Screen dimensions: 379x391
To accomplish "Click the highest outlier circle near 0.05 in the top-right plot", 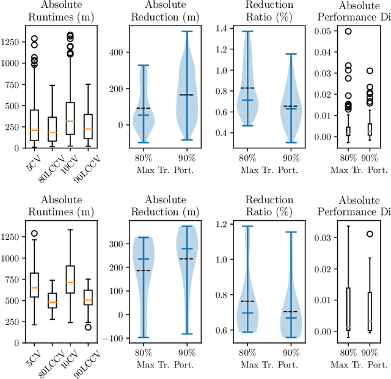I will (x=348, y=31).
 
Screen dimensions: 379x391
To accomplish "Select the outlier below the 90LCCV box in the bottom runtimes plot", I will (x=88, y=327).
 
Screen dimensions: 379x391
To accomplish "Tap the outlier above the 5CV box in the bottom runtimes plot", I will (x=34, y=234).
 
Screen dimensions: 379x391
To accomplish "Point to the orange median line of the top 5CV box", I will (x=34, y=130).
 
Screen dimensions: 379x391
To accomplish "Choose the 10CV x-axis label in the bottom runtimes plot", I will (x=68, y=359).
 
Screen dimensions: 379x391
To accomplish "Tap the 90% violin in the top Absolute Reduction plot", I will (x=186, y=92).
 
